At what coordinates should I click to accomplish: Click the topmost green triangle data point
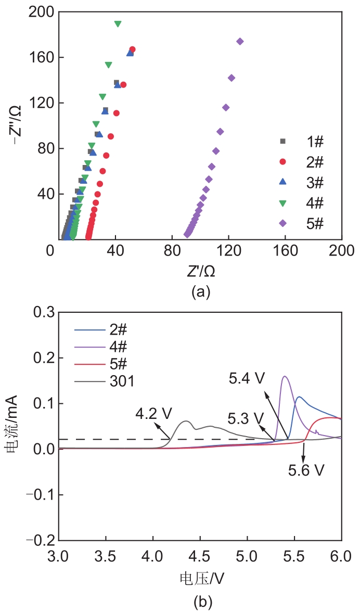(118, 24)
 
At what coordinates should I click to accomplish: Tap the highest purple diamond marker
(240, 42)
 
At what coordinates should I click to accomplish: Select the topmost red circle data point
(132, 49)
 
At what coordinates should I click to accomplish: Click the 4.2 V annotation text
(153, 414)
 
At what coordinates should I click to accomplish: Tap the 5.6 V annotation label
(306, 470)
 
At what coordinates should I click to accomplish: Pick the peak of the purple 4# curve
(285, 376)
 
